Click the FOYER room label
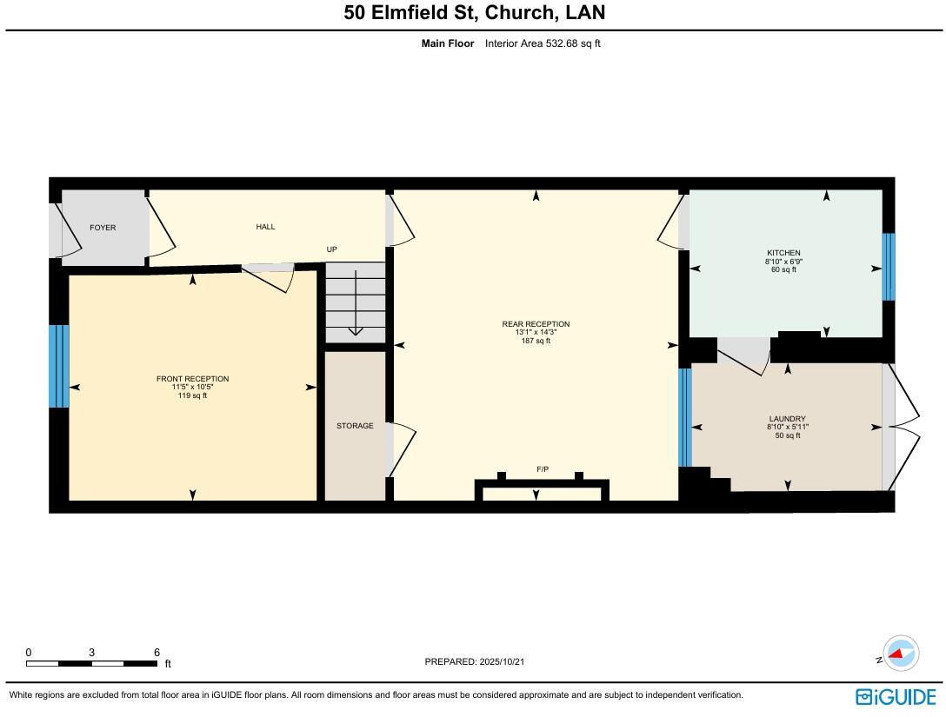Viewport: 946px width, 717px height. point(103,228)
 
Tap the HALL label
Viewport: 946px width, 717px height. point(265,227)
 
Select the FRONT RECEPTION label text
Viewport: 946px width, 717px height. point(192,379)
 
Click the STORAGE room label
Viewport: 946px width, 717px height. point(355,426)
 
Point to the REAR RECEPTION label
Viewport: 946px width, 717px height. point(536,324)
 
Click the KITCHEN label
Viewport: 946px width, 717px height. point(783,253)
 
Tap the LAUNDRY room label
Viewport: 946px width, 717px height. point(786,418)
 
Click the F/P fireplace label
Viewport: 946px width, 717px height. point(543,469)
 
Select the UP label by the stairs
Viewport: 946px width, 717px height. point(331,249)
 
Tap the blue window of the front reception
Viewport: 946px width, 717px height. point(58,366)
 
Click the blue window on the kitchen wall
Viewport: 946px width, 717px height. point(888,267)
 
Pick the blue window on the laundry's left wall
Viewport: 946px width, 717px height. point(684,417)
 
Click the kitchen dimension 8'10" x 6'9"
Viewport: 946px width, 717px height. point(783,262)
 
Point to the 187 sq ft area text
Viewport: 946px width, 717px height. point(536,342)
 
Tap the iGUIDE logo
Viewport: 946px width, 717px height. point(896,696)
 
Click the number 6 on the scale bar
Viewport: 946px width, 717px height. point(157,653)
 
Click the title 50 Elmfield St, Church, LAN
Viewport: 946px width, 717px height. point(475,13)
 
